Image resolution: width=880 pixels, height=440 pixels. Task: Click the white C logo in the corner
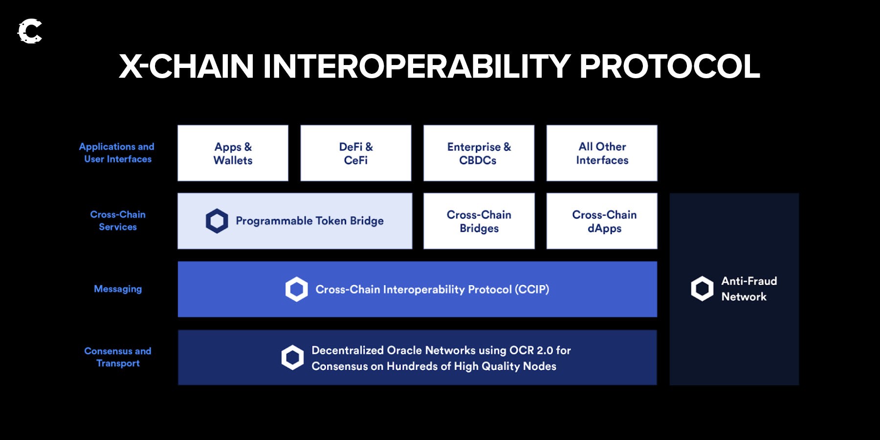click(x=30, y=32)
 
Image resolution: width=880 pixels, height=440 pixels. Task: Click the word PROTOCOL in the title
click(x=669, y=66)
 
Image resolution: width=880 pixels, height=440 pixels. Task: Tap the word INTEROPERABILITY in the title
click(x=417, y=66)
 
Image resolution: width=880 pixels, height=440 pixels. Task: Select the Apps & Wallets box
click(x=233, y=153)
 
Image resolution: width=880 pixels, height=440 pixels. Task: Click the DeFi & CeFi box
click(x=355, y=153)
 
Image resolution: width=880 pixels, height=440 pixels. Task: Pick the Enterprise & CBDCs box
click(x=479, y=153)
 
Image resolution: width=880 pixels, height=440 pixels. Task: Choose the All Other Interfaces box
click(x=602, y=153)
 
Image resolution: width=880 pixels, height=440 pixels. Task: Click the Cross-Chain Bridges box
click(x=479, y=221)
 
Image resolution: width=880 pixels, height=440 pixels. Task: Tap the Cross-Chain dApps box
click(x=602, y=221)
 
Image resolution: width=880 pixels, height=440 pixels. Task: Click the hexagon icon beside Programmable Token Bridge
click(x=217, y=221)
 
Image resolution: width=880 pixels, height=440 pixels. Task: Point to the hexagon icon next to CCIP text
click(x=296, y=289)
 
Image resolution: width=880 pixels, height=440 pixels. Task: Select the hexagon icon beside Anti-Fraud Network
click(x=702, y=288)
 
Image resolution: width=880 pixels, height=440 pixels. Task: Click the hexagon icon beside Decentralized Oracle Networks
click(x=292, y=357)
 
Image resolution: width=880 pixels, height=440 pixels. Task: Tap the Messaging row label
click(x=118, y=289)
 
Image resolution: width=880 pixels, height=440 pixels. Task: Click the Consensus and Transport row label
click(x=118, y=357)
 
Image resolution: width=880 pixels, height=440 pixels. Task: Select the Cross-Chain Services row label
click(x=118, y=220)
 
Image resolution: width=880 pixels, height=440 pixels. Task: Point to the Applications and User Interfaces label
click(x=117, y=153)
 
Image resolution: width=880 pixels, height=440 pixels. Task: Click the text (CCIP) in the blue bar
click(x=531, y=289)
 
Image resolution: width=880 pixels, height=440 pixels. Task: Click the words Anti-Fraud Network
click(x=748, y=288)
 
